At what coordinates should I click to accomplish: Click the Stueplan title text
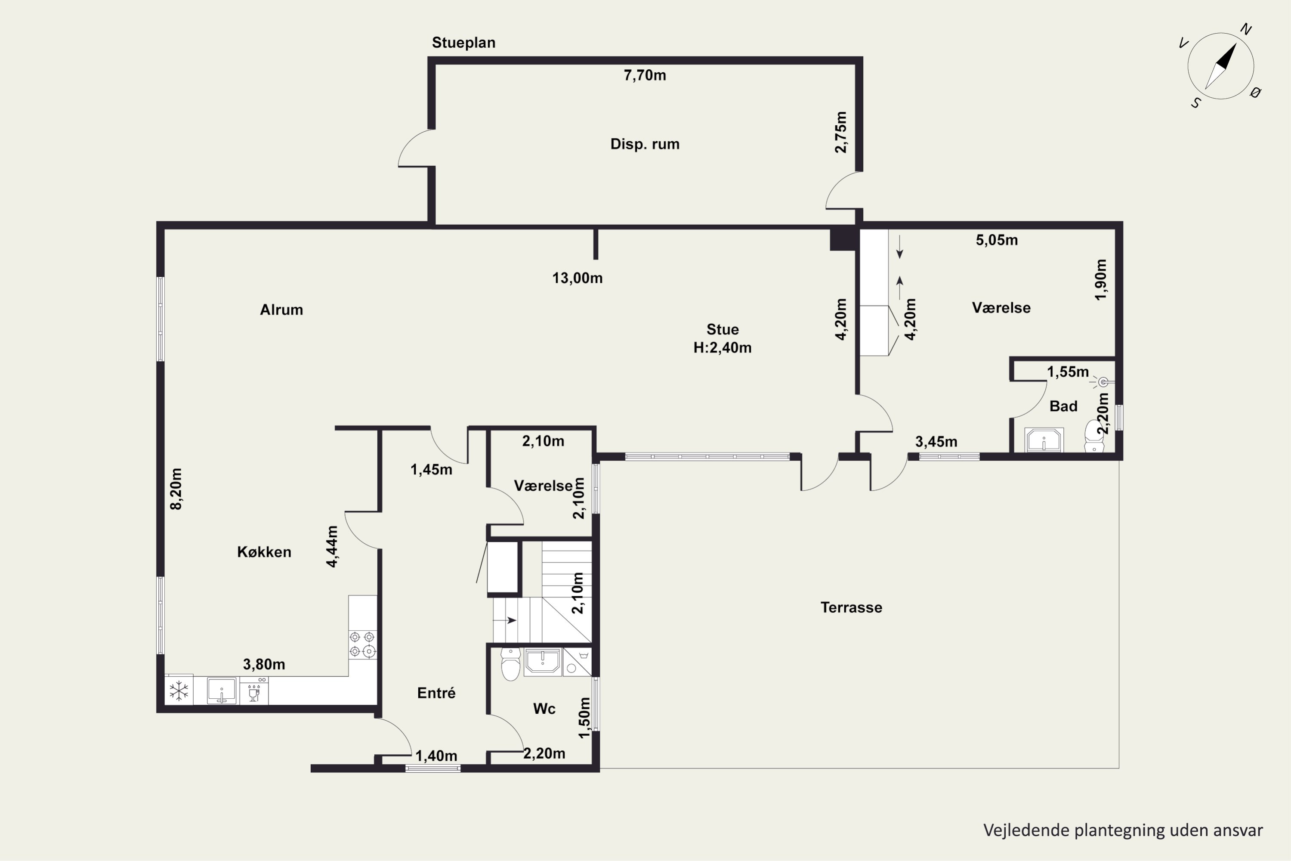click(x=463, y=43)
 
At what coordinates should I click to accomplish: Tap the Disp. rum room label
click(x=645, y=144)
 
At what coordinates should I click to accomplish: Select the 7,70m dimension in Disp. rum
click(x=645, y=75)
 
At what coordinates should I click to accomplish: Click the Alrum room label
click(x=281, y=310)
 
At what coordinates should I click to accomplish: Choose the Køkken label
click(x=264, y=552)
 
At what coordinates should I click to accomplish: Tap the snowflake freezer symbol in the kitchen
click(x=179, y=690)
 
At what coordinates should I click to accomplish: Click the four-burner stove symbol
click(x=362, y=644)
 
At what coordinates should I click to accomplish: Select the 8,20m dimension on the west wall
click(x=176, y=489)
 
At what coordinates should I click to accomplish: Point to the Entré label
click(x=436, y=693)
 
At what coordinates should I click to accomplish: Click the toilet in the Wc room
click(x=510, y=664)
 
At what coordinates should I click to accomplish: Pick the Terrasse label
click(x=851, y=607)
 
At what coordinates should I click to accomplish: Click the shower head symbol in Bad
click(x=1102, y=383)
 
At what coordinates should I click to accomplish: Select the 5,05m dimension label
click(x=997, y=240)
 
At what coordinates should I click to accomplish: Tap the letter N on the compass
click(x=1245, y=30)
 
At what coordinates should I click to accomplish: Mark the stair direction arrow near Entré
click(x=505, y=620)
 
